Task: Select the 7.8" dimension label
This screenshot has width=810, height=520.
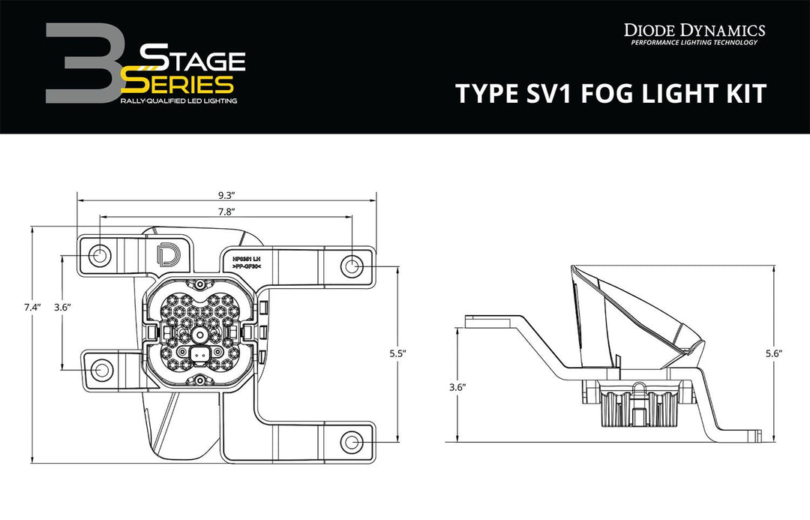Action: click(224, 212)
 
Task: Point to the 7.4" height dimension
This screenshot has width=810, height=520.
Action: click(31, 307)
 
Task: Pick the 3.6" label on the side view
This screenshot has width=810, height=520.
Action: click(458, 386)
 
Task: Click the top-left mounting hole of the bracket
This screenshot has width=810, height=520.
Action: click(99, 257)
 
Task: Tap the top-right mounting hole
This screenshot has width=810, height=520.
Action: click(352, 266)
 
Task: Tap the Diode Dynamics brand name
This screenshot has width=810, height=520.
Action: click(694, 30)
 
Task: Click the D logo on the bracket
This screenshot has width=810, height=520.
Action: click(164, 254)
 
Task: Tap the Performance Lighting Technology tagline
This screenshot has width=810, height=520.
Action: click(694, 43)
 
